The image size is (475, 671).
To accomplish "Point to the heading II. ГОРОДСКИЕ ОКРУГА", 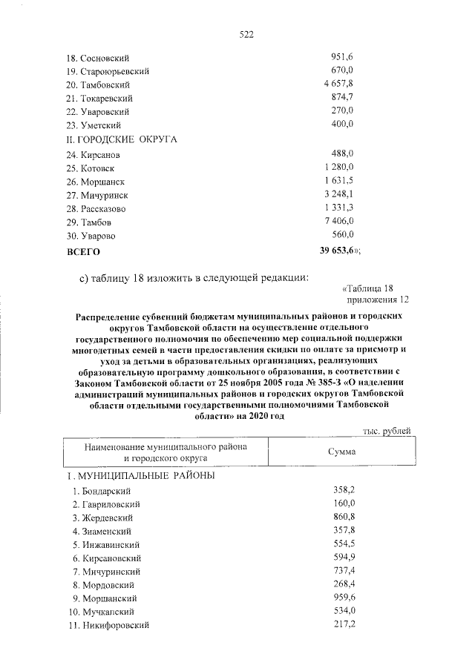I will (x=122, y=139).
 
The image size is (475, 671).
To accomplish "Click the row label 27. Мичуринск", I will (x=97, y=195).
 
